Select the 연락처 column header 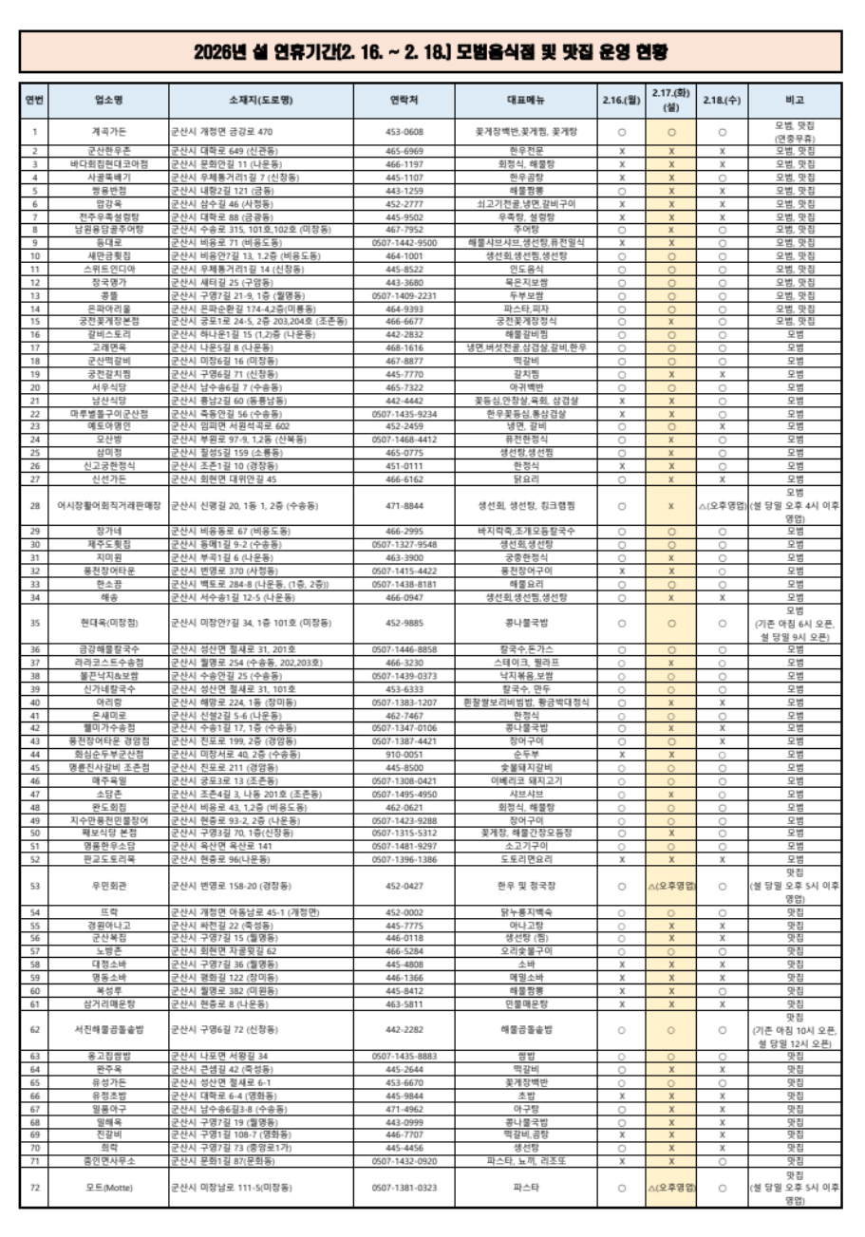coord(404,100)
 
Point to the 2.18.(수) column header coord(722,100)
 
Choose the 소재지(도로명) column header coord(260,100)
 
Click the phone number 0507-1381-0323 coord(404,1187)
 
